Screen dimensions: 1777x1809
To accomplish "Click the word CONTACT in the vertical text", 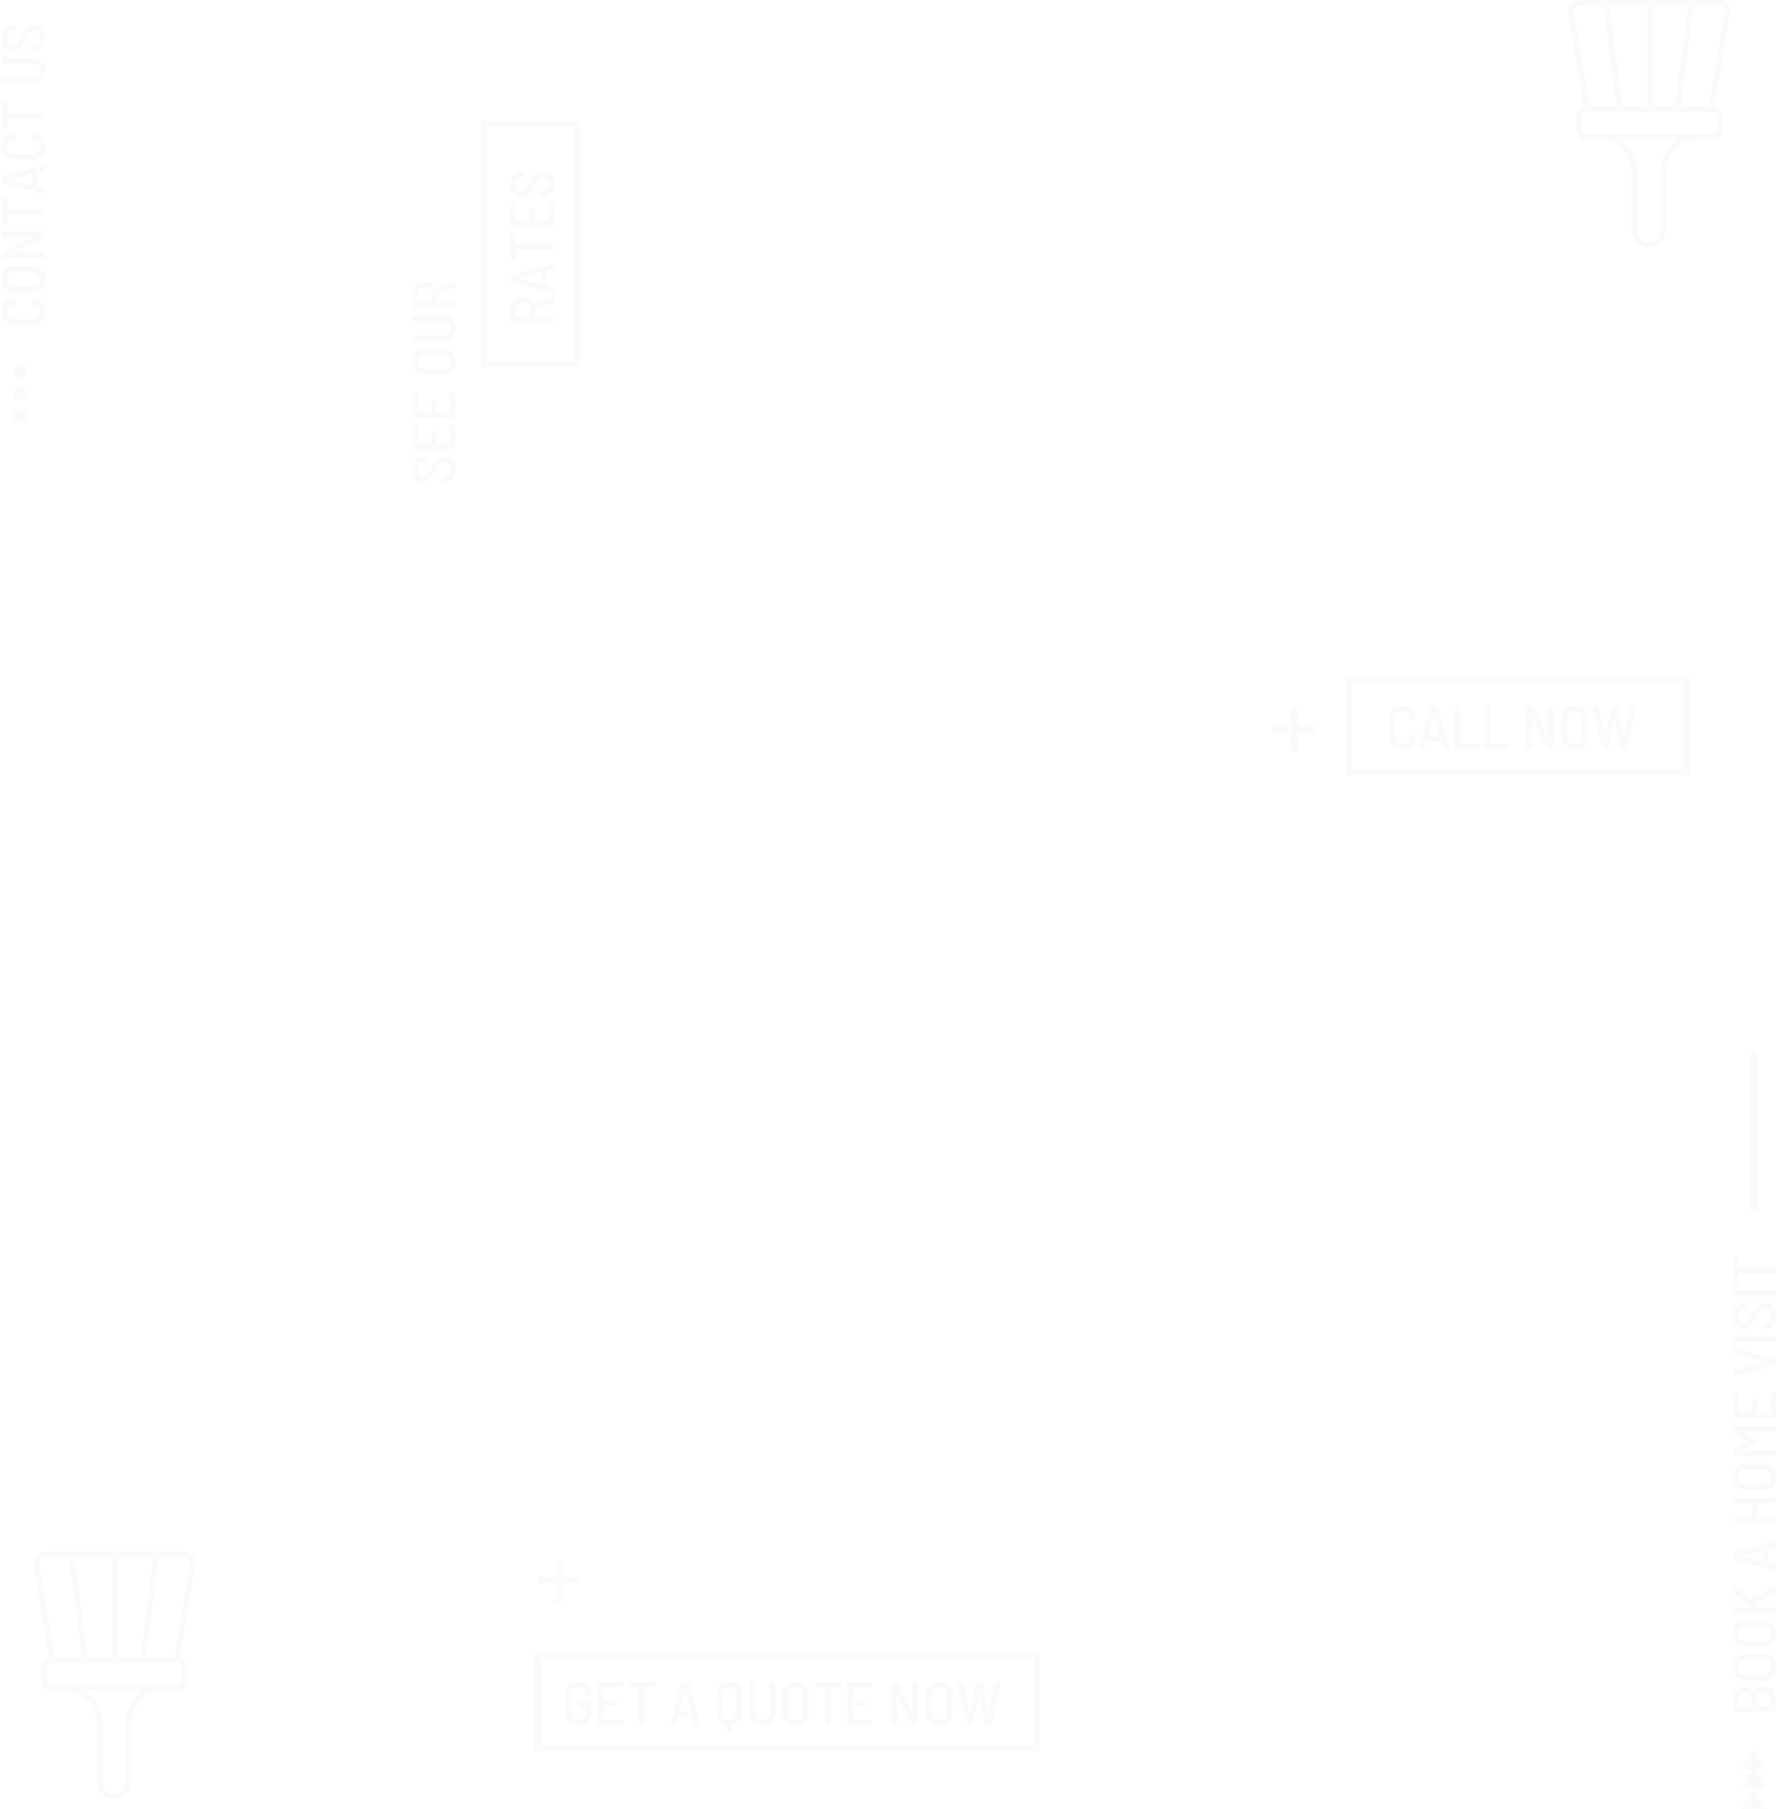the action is (x=24, y=214).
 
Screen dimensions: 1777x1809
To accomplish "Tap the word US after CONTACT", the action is (x=24, y=54).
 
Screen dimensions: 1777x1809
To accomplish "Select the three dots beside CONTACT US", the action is (x=19, y=393).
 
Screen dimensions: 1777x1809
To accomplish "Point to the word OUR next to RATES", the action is (x=434, y=326).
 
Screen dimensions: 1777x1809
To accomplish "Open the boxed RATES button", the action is (x=531, y=244).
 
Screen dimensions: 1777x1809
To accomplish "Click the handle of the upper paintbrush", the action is (x=1649, y=191).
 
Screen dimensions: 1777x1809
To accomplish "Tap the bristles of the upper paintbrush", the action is (x=1649, y=56).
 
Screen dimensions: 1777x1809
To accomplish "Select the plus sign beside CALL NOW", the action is (x=1293, y=729).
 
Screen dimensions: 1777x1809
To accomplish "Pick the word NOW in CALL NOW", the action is (x=1580, y=727).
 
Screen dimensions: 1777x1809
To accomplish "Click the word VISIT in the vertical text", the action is (x=1754, y=1314).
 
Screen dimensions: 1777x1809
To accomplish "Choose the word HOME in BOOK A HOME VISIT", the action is (x=1754, y=1461).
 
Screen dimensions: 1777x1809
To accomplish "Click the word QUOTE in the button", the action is (x=793, y=1703).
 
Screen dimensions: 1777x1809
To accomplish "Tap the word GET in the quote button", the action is (x=608, y=1703).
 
